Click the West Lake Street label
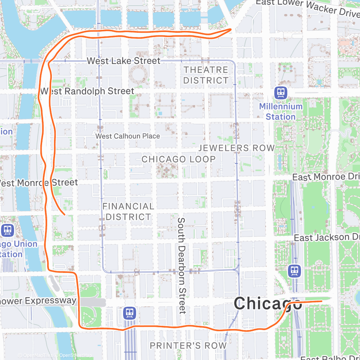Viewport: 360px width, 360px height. pyautogui.click(x=123, y=61)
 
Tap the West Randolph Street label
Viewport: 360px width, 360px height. pyautogui.click(x=87, y=91)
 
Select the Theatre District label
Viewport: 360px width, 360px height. pyautogui.click(x=206, y=75)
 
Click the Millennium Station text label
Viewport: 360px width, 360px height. pyautogui.click(x=281, y=112)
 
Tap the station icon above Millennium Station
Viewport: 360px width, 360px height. pyautogui.click(x=281, y=93)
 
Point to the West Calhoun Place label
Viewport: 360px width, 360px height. pyautogui.click(x=127, y=136)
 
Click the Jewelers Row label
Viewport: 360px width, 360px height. pyautogui.click(x=237, y=148)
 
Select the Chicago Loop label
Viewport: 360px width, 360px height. pyautogui.click(x=179, y=159)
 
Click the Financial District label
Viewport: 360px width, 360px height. pyautogui.click(x=128, y=211)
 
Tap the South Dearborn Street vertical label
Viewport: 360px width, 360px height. pyautogui.click(x=182, y=265)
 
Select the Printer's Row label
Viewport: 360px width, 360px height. pyautogui.click(x=188, y=346)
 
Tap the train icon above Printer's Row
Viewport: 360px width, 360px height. pyautogui.click(x=129, y=313)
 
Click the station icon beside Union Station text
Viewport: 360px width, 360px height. pyautogui.click(x=7, y=230)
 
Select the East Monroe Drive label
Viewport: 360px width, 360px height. pyautogui.click(x=326, y=177)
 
